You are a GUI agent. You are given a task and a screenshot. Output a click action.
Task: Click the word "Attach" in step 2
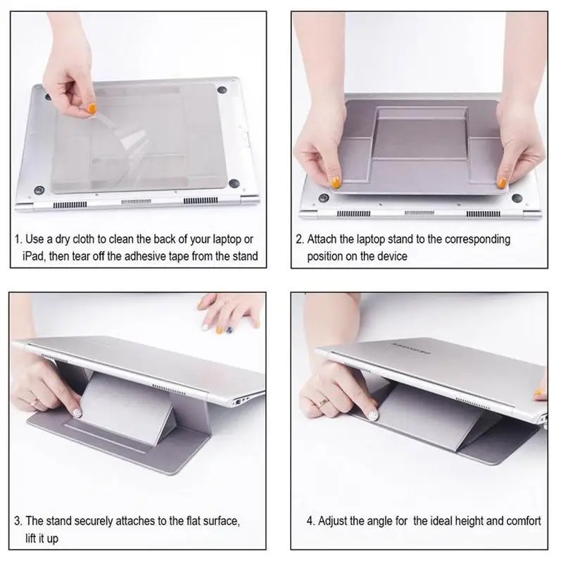(x=322, y=239)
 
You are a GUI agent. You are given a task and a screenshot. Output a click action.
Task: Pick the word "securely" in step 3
(x=94, y=521)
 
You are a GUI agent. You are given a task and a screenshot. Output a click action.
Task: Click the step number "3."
(x=18, y=521)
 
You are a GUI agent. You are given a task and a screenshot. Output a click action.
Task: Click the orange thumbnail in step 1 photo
(x=93, y=108)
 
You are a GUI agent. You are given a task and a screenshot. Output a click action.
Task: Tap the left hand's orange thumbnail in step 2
(x=336, y=183)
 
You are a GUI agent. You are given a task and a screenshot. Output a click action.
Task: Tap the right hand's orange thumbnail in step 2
(x=502, y=182)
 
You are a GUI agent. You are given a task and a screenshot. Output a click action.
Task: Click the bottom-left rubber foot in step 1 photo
(x=39, y=190)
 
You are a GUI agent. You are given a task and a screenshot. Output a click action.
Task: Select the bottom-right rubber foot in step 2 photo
(x=517, y=198)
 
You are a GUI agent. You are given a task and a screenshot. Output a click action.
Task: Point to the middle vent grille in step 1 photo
(x=136, y=202)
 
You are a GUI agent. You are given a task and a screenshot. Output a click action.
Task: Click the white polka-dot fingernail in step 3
(x=77, y=412)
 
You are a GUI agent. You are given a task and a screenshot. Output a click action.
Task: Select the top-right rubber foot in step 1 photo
(x=222, y=89)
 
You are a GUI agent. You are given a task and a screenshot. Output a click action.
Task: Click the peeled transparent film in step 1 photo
(x=122, y=134)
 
